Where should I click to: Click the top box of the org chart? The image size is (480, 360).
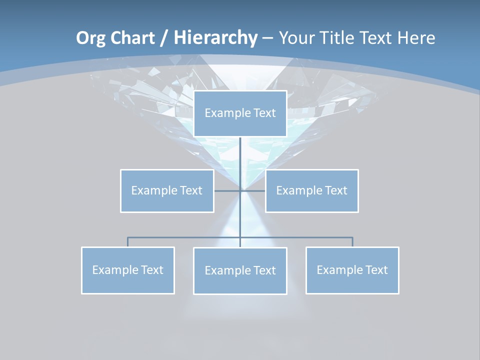(x=240, y=113)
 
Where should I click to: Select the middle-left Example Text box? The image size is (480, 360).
(x=167, y=190)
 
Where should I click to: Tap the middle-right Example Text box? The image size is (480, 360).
(x=311, y=190)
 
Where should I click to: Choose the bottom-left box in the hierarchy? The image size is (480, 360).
(x=127, y=270)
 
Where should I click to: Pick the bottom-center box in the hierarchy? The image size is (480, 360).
(x=240, y=270)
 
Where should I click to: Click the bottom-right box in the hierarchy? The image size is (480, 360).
(x=352, y=270)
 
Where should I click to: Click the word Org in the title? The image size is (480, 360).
(x=89, y=38)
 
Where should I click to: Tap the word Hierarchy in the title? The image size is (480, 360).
(x=215, y=38)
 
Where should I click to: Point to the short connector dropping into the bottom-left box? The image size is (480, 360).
(x=127, y=242)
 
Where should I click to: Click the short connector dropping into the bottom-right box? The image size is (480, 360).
(x=352, y=242)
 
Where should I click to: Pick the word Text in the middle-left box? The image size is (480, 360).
(x=191, y=190)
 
